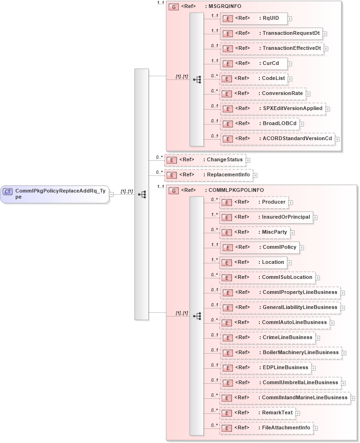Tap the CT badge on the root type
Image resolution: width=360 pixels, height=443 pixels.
tap(8, 191)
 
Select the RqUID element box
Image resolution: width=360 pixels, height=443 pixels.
tap(254, 19)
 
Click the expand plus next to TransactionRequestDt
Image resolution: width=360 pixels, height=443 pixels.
tap(325, 34)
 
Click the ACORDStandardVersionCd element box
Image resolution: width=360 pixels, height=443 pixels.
tap(277, 139)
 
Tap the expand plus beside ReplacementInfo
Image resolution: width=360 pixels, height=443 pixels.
tap(255, 175)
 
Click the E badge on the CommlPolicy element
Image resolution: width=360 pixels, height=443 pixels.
tap(227, 247)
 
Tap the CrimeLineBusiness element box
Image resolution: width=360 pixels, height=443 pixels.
tap(267, 338)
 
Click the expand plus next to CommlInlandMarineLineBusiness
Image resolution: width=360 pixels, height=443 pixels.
tap(353, 398)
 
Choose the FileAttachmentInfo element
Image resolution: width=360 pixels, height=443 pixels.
tap(266, 428)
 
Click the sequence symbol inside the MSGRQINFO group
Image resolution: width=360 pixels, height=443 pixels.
tap(197, 79)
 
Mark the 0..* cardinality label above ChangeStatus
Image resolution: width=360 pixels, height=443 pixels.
tap(159, 157)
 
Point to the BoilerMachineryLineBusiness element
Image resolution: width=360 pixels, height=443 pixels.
tap(280, 353)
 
